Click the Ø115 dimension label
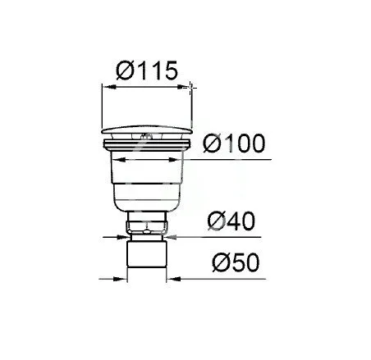(x=147, y=71)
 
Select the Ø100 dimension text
(x=234, y=143)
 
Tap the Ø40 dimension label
(x=231, y=221)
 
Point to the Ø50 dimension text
(x=236, y=262)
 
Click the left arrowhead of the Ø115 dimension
(x=108, y=87)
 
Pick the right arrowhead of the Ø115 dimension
(x=184, y=87)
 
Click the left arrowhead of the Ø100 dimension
(x=118, y=160)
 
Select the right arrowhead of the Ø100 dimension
(x=175, y=160)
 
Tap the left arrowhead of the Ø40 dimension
(x=123, y=237)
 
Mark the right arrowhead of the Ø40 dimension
(x=172, y=237)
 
